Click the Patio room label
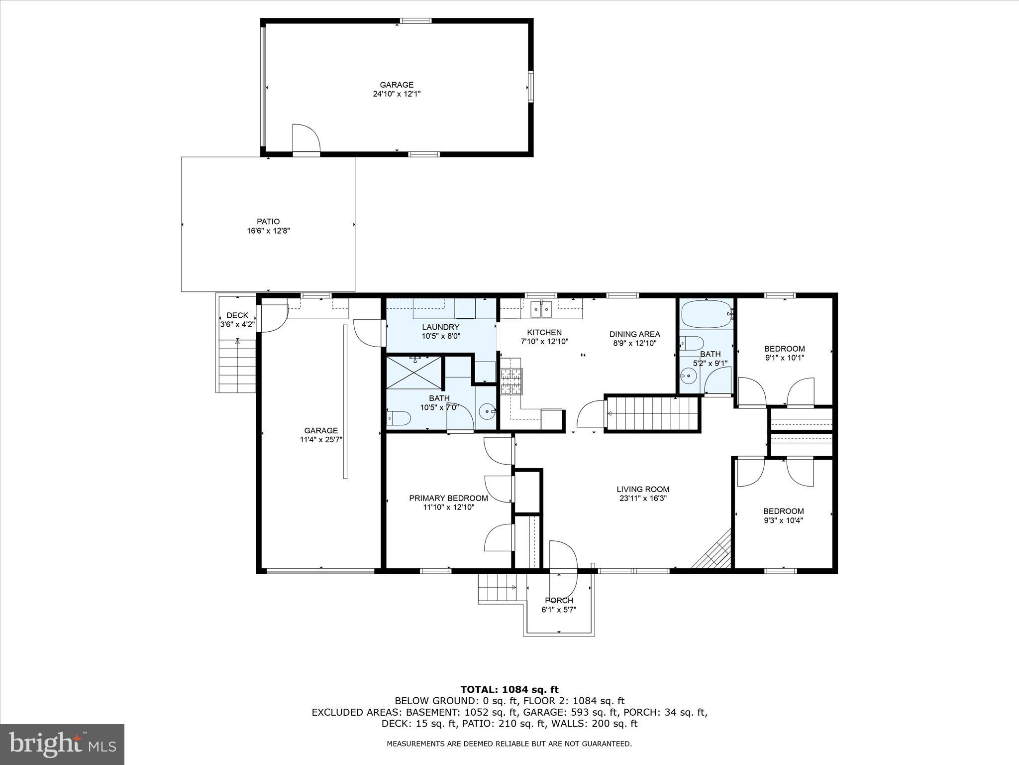[x=268, y=221]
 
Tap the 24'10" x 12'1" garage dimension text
[x=397, y=94]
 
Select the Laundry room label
[x=440, y=327]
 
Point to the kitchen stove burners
[x=511, y=381]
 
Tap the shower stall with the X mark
[x=414, y=372]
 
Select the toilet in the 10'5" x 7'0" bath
[x=399, y=418]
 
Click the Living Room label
[x=643, y=489]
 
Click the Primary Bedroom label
[x=448, y=498]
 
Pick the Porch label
[x=559, y=600]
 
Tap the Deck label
[x=237, y=315]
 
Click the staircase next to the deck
[x=237, y=366]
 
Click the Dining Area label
[x=634, y=334]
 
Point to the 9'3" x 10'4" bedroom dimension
[x=783, y=520]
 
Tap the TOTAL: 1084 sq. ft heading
[x=509, y=690]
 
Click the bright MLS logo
[x=62, y=744]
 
